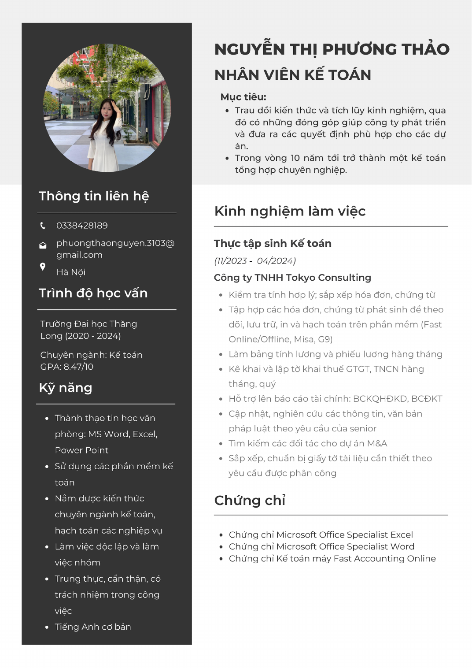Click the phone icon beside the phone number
(43, 226)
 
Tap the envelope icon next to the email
(43, 245)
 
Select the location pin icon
(43, 267)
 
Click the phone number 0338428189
(82, 226)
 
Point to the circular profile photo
(107, 108)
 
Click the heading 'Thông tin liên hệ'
(94, 196)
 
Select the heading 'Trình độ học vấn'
(93, 293)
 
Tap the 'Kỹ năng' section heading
(66, 388)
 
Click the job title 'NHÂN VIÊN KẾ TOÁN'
(293, 75)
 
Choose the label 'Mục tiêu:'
(243, 97)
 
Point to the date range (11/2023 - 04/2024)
(255, 261)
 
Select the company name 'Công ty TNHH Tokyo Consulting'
(292, 278)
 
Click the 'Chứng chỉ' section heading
(250, 501)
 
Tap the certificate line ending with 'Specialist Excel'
(321, 534)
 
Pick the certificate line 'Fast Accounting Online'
(332, 558)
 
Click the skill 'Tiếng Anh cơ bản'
(93, 627)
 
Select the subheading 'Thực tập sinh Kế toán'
(273, 243)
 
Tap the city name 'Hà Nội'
(71, 272)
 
